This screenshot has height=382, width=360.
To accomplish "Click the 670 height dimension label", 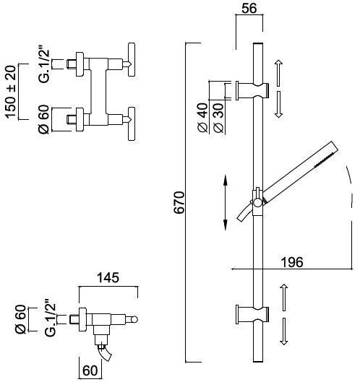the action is click(x=179, y=202).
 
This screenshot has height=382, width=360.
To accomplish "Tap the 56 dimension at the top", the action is click(x=249, y=8).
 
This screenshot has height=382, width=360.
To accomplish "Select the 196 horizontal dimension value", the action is click(x=292, y=262).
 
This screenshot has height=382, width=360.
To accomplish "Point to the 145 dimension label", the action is click(x=108, y=278).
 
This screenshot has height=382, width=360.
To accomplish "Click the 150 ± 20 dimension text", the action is click(x=11, y=92).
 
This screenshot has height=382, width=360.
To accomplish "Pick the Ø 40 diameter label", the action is click(x=203, y=118).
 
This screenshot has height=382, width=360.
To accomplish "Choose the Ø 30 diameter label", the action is click(x=218, y=118).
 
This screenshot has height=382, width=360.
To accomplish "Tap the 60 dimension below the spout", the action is click(x=90, y=370).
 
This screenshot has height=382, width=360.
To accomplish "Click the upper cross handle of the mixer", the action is click(x=132, y=60).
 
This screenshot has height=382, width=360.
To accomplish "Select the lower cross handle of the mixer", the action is click(x=132, y=123).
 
